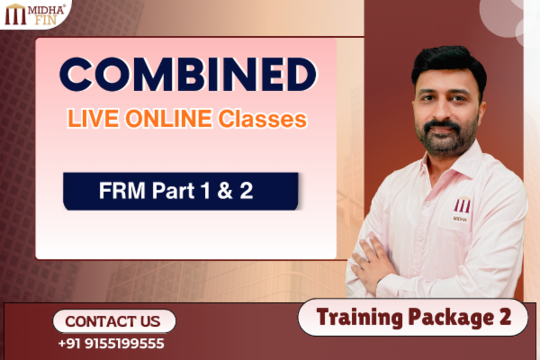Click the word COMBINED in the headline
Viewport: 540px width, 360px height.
tap(186, 76)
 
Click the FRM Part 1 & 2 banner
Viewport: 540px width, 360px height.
tap(180, 191)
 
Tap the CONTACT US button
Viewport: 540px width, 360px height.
tap(113, 321)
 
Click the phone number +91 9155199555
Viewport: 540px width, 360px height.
tap(111, 344)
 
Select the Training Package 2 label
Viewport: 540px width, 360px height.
tap(412, 317)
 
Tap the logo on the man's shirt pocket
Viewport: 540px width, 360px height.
tap(462, 207)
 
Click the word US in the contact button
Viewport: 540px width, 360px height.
tap(149, 321)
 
